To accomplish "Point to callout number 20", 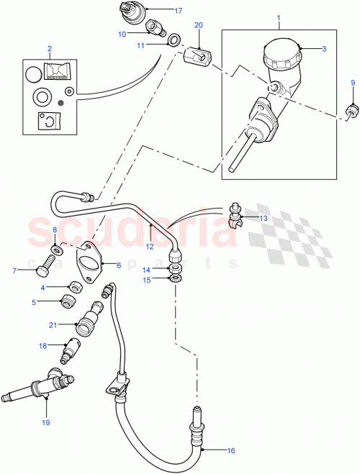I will click(x=199, y=24).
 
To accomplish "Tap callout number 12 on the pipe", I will click(x=150, y=246).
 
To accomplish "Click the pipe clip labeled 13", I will click(x=235, y=214).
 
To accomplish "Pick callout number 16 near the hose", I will click(x=231, y=451).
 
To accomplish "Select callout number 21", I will click(x=52, y=324).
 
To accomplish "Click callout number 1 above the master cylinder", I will click(x=278, y=14).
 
